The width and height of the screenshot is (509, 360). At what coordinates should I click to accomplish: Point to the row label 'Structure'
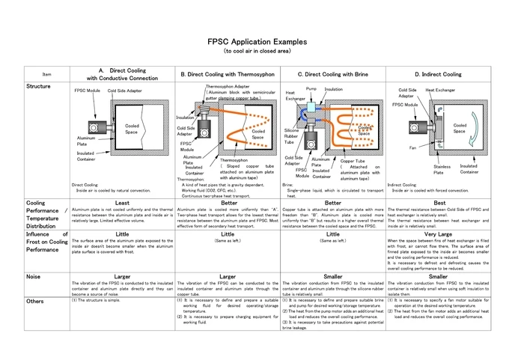point(39,87)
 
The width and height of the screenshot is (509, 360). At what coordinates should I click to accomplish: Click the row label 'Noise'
point(34,276)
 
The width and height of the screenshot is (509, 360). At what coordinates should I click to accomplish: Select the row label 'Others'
point(36,301)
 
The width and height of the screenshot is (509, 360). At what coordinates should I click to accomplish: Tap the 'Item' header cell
point(47,75)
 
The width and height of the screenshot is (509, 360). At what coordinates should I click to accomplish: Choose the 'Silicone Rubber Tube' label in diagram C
point(292,135)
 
